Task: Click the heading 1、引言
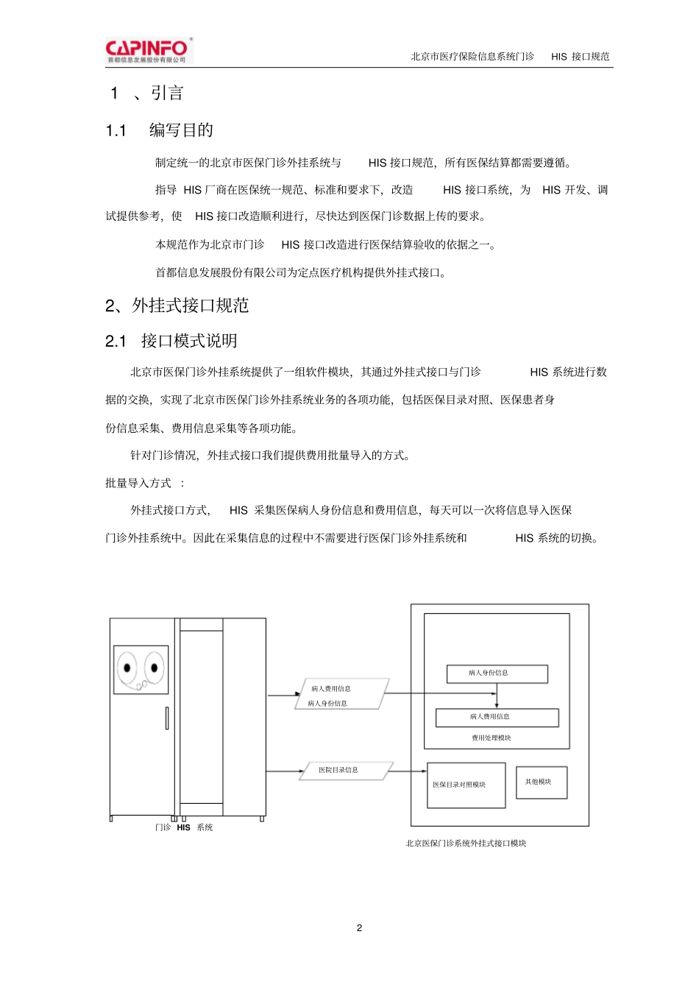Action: [146, 93]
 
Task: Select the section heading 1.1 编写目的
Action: [160, 130]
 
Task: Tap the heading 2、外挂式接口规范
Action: [177, 305]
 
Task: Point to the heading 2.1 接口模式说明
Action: [171, 341]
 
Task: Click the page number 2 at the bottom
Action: [359, 927]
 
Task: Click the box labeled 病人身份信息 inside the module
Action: [497, 673]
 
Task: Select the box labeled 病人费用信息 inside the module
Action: [497, 717]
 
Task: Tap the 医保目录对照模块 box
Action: [466, 785]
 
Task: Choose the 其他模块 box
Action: [542, 782]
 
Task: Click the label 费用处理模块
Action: [491, 738]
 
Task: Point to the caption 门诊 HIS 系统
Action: [184, 827]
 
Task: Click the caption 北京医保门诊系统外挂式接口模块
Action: [466, 844]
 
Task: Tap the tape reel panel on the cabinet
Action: [141, 669]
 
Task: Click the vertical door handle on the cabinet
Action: [167, 718]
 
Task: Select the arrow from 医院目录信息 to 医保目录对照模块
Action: [406, 771]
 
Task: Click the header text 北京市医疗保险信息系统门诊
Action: [472, 57]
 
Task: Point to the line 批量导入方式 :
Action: [145, 483]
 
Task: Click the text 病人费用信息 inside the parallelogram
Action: [330, 689]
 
